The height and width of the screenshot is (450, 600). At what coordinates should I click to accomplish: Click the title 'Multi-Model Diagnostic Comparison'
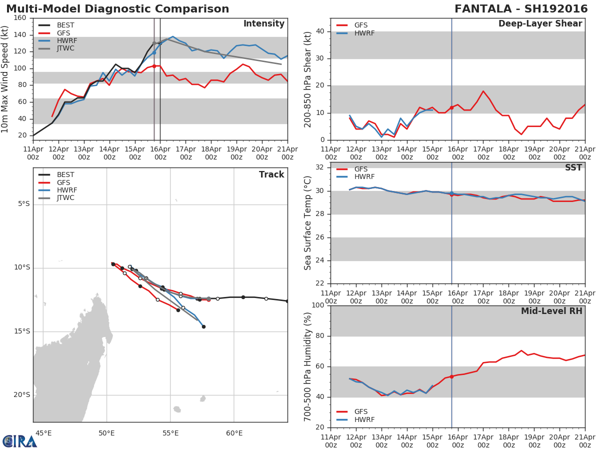coord(117,9)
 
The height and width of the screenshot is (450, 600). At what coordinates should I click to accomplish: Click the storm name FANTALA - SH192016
coord(521,9)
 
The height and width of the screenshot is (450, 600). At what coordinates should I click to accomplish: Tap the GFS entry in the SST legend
coord(360,169)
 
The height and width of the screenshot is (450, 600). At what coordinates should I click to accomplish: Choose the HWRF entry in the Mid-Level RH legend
coord(363,419)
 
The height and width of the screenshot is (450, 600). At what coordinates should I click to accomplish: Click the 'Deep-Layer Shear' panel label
coord(540,24)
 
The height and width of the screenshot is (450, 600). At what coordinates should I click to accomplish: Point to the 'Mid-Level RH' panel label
coord(551,311)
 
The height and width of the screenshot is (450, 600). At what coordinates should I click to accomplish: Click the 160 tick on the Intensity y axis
coord(20,18)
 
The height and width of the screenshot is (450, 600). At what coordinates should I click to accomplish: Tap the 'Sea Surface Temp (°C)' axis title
coord(308,223)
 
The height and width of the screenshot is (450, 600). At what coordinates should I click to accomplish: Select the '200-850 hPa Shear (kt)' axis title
coord(308,79)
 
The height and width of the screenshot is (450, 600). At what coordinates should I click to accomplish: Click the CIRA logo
coord(20,441)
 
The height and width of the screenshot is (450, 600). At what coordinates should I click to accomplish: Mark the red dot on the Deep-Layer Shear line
coord(451,107)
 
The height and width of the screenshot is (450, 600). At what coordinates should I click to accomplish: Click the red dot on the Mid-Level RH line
coord(451,376)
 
